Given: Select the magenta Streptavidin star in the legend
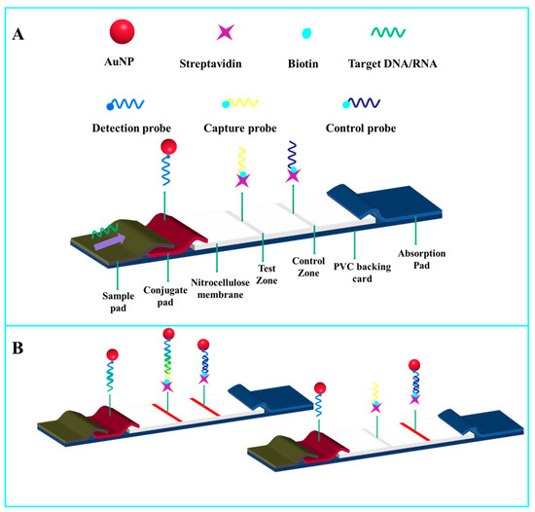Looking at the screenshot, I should coord(225,33).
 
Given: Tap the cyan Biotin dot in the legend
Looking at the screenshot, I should coord(306,34).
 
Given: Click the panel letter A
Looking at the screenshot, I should coord(20,35).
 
